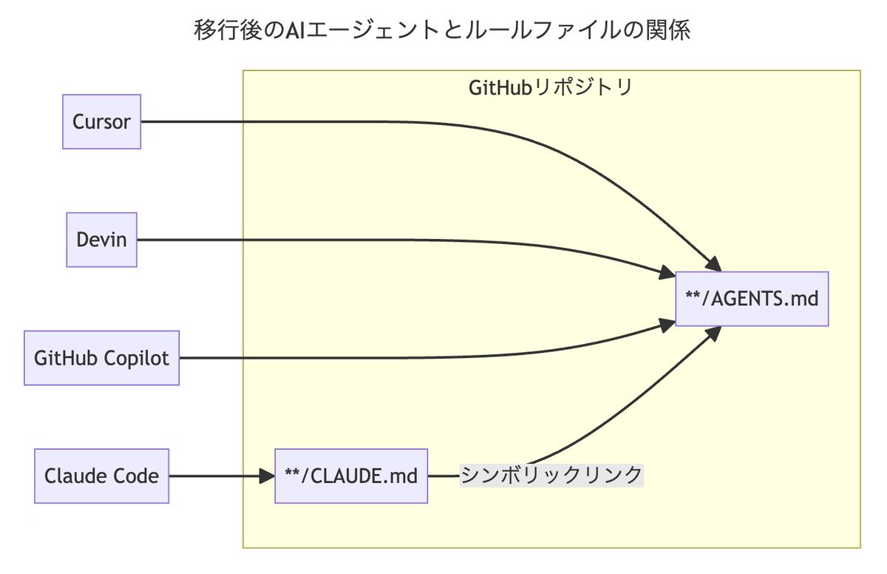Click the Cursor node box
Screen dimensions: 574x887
[101, 122]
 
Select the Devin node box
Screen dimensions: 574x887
[101, 240]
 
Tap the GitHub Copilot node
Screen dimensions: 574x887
[101, 358]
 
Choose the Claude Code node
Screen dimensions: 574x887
[101, 476]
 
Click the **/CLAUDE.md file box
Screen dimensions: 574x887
[350, 476]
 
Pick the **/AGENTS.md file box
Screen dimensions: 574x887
[752, 299]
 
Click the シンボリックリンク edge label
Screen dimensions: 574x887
[551, 475]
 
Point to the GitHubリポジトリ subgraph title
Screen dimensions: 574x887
[551, 87]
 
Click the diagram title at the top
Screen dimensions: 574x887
[443, 30]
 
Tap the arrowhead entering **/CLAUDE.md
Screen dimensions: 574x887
[268, 476]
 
